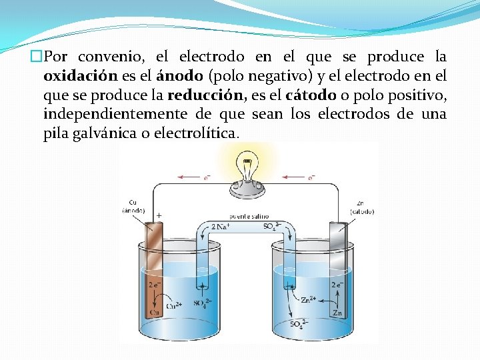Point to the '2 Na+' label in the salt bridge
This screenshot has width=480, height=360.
222,227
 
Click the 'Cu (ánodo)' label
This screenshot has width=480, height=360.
133,206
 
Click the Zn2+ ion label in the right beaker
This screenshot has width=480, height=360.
308,300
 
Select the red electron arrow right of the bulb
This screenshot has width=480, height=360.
300,177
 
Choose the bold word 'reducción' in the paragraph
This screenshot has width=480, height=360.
198,95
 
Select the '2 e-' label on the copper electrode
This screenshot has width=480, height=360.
153,283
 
